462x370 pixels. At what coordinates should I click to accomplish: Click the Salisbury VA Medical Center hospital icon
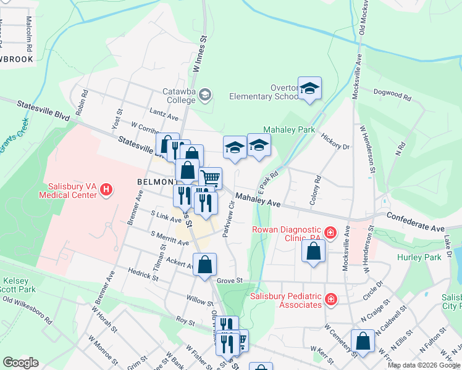(x=106, y=189)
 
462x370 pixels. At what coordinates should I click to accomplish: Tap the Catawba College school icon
(x=205, y=95)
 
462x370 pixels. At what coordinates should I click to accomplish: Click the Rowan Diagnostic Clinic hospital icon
(x=331, y=232)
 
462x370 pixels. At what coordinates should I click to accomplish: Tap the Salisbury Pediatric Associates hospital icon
(x=331, y=300)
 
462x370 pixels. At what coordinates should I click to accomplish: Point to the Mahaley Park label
(x=289, y=130)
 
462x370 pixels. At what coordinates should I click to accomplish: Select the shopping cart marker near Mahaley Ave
(x=211, y=178)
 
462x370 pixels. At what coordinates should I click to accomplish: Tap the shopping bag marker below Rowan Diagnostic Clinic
(x=314, y=251)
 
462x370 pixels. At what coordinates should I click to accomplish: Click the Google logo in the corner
(x=21, y=363)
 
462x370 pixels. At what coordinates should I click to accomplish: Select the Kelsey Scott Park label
(x=16, y=285)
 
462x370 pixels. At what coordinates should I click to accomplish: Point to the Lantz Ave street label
(x=164, y=114)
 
